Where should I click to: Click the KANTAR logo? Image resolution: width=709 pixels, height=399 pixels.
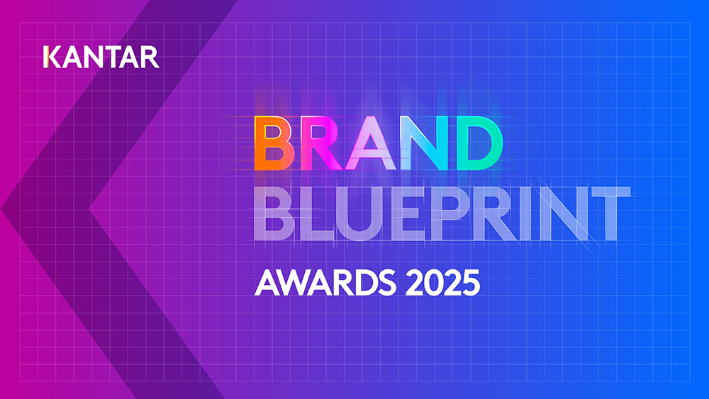click(101, 57)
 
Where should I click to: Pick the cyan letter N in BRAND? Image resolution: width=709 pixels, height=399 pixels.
click(425, 143)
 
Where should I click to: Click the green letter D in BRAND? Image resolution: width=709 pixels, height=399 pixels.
click(480, 143)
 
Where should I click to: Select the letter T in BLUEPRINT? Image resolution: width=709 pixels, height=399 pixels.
click(610, 213)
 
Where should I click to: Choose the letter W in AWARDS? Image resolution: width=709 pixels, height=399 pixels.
click(294, 282)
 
